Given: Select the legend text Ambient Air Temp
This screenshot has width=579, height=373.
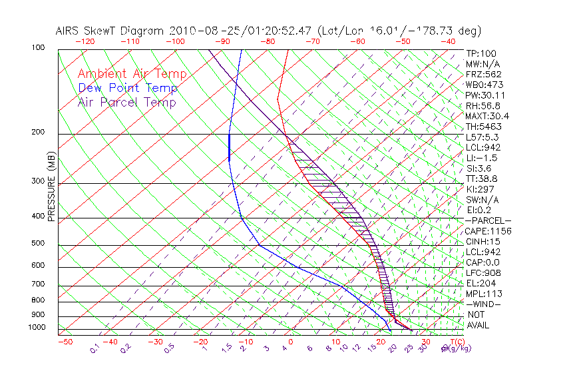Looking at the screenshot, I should pos(132,74).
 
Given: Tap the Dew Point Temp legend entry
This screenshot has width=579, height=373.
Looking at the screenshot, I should pos(128,88).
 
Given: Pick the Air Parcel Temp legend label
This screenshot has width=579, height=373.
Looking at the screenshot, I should pos(126,102).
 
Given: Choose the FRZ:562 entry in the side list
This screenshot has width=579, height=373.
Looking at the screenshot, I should pos(484,74).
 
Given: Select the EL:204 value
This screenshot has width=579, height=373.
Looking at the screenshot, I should pos(481,283).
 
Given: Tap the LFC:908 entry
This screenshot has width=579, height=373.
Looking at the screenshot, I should pos(483,273).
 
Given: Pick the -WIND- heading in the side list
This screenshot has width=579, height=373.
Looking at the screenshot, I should pos(483,304).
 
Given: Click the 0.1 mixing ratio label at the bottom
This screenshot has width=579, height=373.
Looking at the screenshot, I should pos(95,348).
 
